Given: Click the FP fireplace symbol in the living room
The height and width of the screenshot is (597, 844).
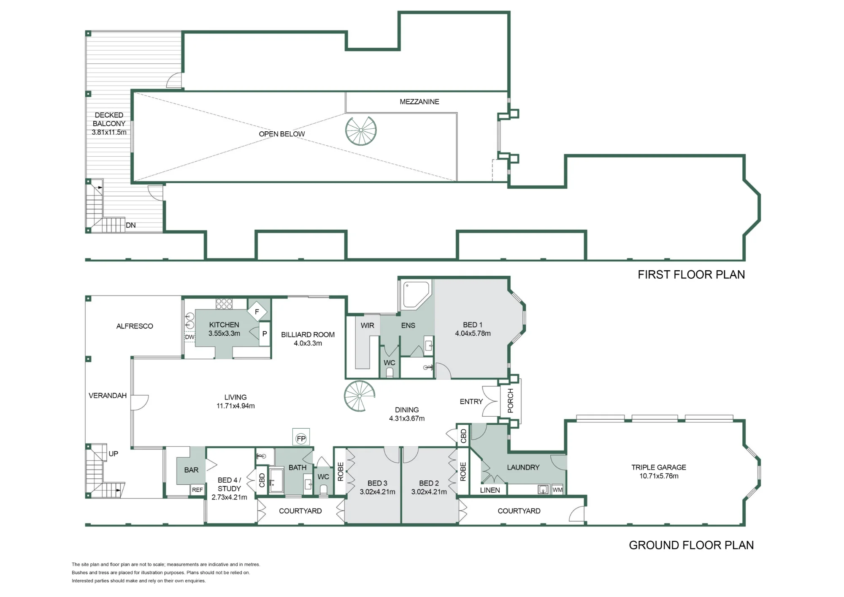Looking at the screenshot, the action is pos(301,438).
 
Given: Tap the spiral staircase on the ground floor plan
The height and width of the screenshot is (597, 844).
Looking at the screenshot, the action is pos(360,396).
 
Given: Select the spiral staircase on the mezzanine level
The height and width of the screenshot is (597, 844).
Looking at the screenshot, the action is pos(361,131).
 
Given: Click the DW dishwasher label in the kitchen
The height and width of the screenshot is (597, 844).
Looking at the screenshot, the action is pos(189,337).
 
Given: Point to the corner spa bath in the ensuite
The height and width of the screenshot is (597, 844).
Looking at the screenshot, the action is pos(416,295).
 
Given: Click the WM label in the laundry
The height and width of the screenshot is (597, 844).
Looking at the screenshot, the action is pos(557,490).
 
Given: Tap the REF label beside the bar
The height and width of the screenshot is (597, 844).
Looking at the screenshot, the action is pos(197,490).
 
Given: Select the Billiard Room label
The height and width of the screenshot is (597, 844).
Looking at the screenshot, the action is pos(308,334).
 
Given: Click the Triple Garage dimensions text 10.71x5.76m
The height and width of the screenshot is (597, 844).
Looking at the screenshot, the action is pos(659,476).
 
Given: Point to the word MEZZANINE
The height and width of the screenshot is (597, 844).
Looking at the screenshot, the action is pos(419,102).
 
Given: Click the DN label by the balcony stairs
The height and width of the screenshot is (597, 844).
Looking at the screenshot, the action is pos(131,225).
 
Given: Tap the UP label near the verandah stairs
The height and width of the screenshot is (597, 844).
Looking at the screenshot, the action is pos(114,454).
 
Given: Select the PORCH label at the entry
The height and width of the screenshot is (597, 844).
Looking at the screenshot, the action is pos(511,401).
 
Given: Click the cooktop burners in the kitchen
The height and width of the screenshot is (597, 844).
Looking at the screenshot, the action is pos(224,304).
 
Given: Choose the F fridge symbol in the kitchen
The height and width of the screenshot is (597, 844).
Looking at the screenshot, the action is pos(257,312).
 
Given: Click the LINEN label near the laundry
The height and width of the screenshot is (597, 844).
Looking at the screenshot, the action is pos(490,490).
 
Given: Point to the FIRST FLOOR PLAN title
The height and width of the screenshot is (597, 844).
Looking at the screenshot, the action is pos(691,275).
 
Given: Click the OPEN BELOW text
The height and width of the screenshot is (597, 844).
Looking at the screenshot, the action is pos(282,134).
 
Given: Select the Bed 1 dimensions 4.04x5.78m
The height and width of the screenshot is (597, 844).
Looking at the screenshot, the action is pos(473,333).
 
